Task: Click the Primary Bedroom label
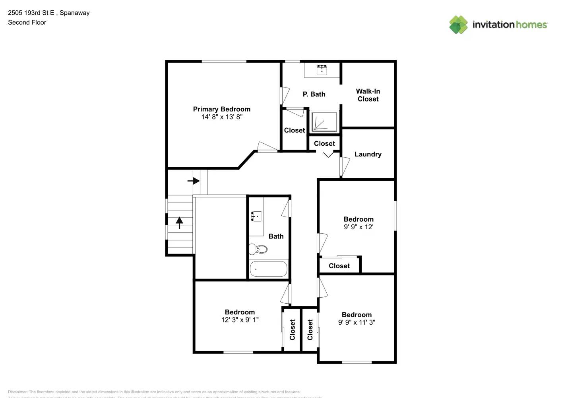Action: pos(221,109)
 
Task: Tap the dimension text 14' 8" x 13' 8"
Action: pos(221,117)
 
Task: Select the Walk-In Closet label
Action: pos(368,95)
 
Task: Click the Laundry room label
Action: pos(368,154)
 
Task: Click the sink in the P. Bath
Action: pos(322,70)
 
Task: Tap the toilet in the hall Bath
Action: pos(258,250)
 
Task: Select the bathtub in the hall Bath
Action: pos(268,269)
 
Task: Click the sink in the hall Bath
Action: pos(256,217)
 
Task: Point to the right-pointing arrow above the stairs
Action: pos(194,181)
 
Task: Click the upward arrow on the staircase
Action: pos(179,222)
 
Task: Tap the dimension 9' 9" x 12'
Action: pos(358,227)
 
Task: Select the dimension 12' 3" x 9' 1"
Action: pos(240,320)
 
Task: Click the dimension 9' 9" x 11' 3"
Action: pos(357,322)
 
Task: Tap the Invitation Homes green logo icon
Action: pos(458,25)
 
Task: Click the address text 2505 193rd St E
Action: pos(31,13)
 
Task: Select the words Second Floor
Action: pos(27,23)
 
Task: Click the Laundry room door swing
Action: pos(345,166)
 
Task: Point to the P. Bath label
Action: pos(314,94)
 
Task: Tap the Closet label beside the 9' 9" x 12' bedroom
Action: pos(339,266)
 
